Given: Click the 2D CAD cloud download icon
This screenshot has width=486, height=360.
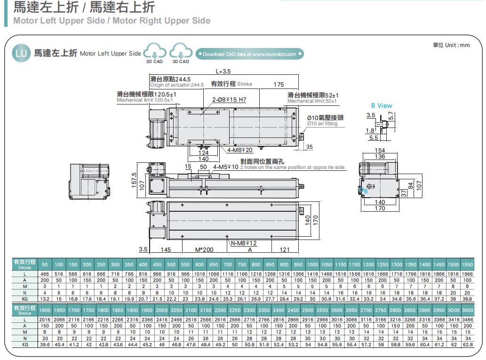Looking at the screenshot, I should click(x=155, y=51).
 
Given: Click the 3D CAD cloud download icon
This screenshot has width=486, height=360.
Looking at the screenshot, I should click(x=181, y=51).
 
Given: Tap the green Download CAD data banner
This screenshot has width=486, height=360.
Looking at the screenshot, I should click(x=249, y=54).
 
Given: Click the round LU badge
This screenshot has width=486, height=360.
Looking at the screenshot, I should click(x=22, y=53).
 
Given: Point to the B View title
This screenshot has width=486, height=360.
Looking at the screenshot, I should click(x=382, y=106).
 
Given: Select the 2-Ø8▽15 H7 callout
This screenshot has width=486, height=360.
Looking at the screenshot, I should click(x=229, y=100).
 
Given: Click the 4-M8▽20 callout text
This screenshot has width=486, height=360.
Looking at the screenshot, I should click(x=239, y=150).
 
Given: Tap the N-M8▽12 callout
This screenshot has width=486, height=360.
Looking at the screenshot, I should click(x=244, y=243).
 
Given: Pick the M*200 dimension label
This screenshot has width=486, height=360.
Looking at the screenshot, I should click(x=204, y=249).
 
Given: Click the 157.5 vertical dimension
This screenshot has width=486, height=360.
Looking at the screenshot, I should click(x=134, y=180).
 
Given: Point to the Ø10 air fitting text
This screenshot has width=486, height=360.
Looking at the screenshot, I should click(x=322, y=124).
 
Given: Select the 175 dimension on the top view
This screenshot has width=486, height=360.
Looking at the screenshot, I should click(x=279, y=85).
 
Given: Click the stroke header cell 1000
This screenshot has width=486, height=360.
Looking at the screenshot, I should click(x=312, y=264).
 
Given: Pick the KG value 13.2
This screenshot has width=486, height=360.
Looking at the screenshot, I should click(x=45, y=298).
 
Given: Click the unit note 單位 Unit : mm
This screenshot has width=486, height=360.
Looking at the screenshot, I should click(x=451, y=45).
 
